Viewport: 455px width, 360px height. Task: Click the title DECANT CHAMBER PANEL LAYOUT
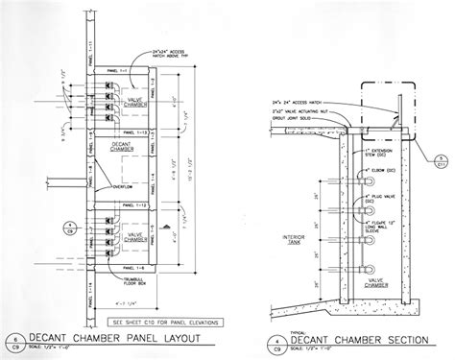tap(120, 336)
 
